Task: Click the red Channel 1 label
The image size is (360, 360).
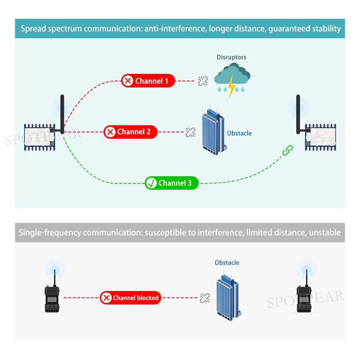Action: click(148, 81)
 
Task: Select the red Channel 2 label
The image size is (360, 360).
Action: click(130, 132)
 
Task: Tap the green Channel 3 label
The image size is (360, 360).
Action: click(172, 183)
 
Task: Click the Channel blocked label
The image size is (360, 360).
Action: click(130, 298)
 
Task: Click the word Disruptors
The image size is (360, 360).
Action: click(231, 57)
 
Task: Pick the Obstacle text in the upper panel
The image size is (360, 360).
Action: click(239, 133)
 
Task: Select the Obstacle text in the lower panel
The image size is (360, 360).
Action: click(227, 262)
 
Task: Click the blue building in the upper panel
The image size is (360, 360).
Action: click(213, 130)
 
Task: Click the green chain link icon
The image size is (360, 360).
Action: click(287, 150)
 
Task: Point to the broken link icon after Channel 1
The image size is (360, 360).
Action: click(203, 81)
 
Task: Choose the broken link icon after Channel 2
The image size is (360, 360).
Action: click(190, 132)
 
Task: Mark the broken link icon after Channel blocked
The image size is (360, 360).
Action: click(204, 298)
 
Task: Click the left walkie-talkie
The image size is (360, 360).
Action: click(52, 298)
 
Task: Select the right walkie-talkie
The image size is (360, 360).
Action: click(304, 298)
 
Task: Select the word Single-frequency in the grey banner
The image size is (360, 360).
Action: click(50, 232)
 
